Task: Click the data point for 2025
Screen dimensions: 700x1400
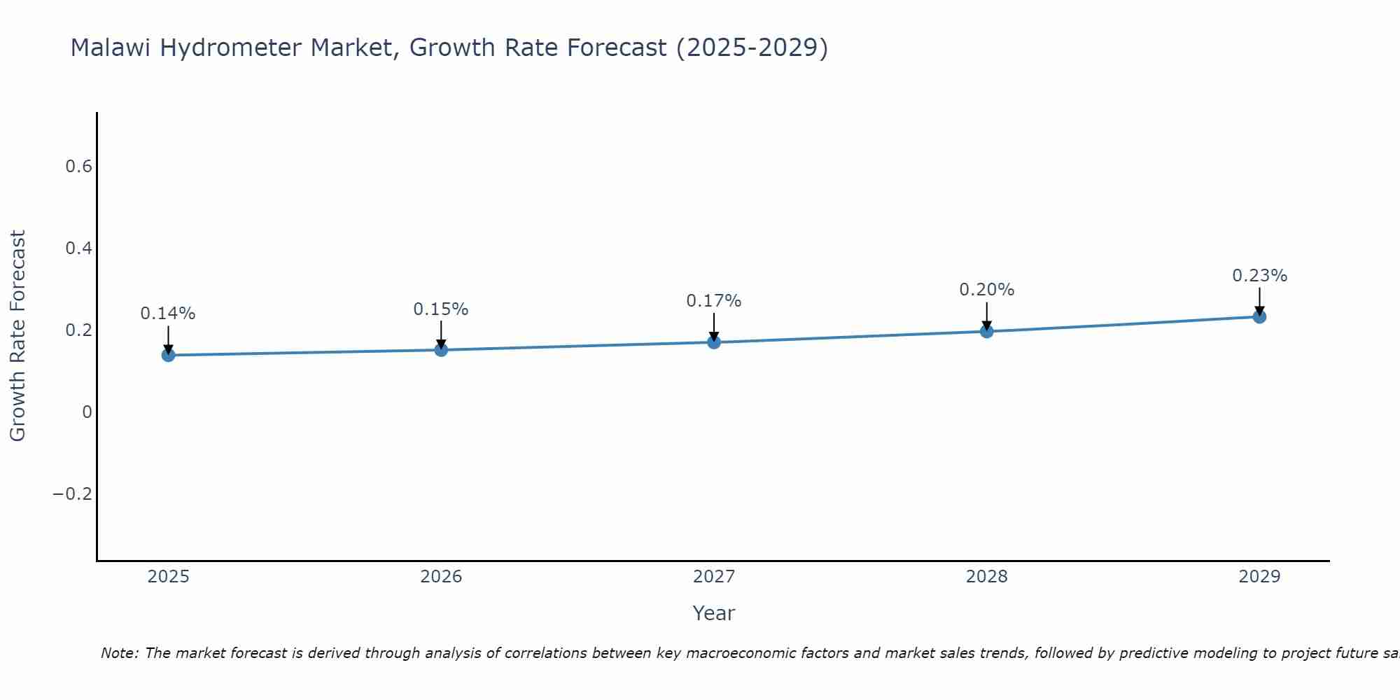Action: click(168, 355)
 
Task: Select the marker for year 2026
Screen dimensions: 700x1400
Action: click(441, 350)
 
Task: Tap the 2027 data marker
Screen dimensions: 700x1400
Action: click(714, 342)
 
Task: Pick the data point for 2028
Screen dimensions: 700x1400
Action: click(986, 331)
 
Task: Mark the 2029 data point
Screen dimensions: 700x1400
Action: click(1259, 316)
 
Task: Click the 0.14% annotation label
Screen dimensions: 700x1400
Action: click(168, 314)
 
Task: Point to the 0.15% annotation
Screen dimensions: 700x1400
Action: click(441, 309)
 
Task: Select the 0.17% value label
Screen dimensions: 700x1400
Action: click(714, 301)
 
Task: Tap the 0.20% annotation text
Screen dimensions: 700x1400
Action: click(986, 290)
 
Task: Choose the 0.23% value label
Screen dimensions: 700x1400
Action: click(1259, 276)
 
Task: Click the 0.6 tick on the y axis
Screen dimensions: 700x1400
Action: click(78, 167)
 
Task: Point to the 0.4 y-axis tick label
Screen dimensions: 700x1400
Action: click(78, 248)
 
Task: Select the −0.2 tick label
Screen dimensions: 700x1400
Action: click(72, 494)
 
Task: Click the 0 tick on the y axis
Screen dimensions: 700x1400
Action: click(87, 412)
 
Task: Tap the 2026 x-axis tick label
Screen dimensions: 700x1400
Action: click(441, 577)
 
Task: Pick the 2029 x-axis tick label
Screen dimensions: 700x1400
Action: click(1259, 577)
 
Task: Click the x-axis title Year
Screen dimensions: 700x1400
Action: click(714, 613)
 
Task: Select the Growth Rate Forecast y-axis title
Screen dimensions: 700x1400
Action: click(17, 336)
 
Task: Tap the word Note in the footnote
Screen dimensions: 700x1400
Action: click(120, 653)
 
